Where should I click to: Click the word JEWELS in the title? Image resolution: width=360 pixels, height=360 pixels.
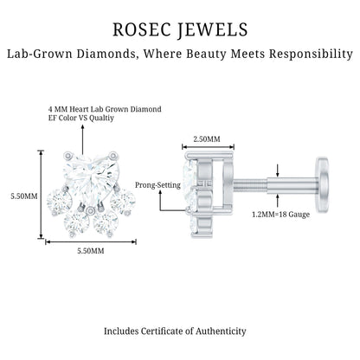point(212,30)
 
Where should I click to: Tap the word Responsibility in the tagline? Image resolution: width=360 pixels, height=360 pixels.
point(311,55)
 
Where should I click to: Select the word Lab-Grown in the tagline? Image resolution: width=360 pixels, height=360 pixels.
point(40,54)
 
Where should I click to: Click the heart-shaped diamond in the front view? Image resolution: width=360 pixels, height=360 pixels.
point(91,177)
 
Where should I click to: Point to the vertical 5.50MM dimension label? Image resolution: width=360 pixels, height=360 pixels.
point(24,196)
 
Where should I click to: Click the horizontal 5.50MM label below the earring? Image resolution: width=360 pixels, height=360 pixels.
point(91,251)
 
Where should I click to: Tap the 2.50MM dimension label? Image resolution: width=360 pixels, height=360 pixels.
point(207,139)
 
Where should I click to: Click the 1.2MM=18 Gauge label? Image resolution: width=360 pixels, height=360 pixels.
point(281,215)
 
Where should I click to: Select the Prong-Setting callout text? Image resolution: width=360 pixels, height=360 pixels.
point(157,185)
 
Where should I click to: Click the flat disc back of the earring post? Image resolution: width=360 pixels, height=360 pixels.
point(322,185)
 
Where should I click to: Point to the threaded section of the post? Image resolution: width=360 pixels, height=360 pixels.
point(250,185)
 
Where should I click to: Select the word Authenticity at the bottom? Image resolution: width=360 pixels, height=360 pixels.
point(221,331)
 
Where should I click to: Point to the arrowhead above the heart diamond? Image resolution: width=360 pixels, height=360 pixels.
point(82,127)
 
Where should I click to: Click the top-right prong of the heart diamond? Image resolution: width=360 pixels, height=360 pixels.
point(113,156)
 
